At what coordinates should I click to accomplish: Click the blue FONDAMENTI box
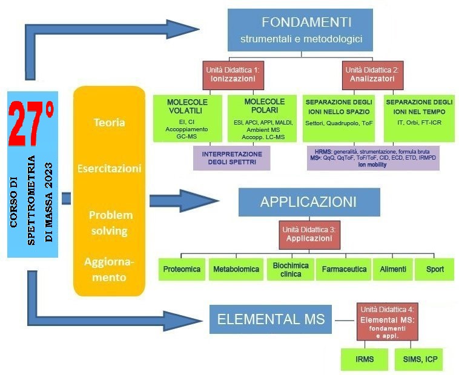(306, 30)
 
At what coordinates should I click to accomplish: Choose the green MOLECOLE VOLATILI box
(187, 119)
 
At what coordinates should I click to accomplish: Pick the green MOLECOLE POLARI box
(265, 119)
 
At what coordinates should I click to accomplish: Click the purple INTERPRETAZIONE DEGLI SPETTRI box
(231, 157)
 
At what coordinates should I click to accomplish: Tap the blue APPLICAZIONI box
(308, 202)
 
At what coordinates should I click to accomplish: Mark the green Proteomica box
(182, 269)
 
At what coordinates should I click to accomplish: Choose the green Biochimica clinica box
(291, 269)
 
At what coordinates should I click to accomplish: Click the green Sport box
(435, 269)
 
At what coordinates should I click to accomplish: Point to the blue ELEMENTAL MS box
(271, 319)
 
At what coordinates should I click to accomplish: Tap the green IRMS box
(365, 359)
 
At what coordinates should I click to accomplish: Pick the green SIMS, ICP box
(420, 359)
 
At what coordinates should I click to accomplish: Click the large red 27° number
(33, 125)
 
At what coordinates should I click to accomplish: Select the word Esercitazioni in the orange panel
(109, 169)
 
